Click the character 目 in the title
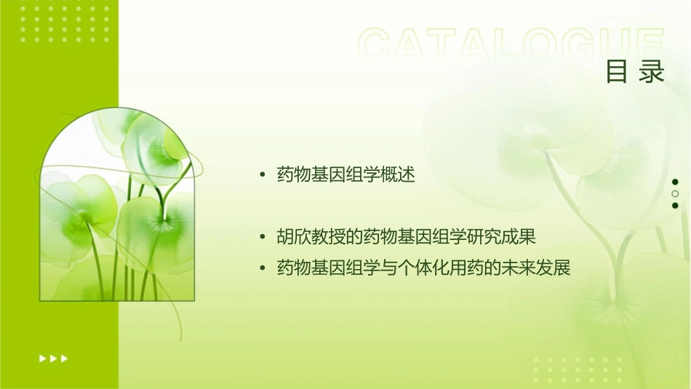(617, 71)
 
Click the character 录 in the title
(653, 71)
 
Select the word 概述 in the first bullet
(398, 175)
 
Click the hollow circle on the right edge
(675, 193)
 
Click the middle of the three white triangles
(53, 358)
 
